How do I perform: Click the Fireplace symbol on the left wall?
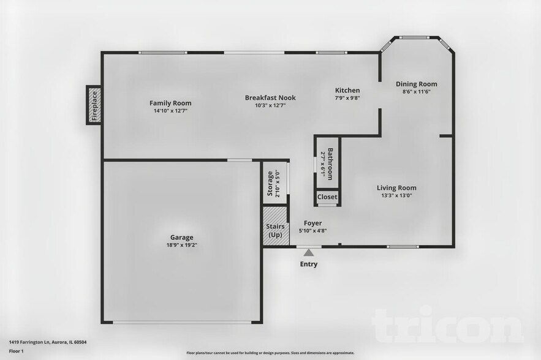(x=94, y=105)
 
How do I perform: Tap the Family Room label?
(x=170, y=103)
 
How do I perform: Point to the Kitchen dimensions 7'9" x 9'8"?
(x=347, y=98)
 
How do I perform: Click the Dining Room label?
(x=416, y=84)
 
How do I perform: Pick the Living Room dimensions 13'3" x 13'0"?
(x=396, y=196)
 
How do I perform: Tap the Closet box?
(x=327, y=197)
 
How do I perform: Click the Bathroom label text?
(x=330, y=163)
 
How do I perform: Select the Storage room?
(x=274, y=182)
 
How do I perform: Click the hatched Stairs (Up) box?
(x=275, y=227)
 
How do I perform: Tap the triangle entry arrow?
(x=309, y=252)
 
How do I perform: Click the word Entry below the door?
(x=309, y=264)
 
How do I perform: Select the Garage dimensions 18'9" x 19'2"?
(x=181, y=245)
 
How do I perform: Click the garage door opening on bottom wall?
(x=181, y=323)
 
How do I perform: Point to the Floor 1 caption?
(x=16, y=351)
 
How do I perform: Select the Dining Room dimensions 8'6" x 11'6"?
(x=416, y=92)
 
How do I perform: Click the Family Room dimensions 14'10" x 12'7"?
(x=170, y=111)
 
